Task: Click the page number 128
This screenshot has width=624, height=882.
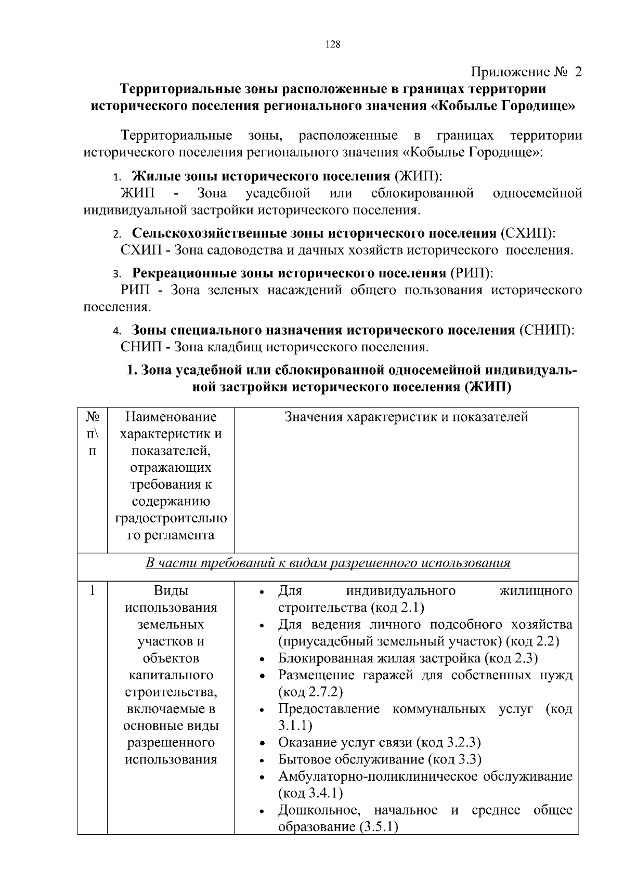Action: [x=333, y=45]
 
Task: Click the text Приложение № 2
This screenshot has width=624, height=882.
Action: [x=526, y=72]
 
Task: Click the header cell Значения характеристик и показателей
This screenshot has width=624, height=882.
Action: [x=406, y=417]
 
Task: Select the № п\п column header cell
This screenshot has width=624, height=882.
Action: [x=93, y=433]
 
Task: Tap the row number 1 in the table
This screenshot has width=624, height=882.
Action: [x=92, y=591]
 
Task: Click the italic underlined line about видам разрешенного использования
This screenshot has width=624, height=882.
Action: [x=328, y=563]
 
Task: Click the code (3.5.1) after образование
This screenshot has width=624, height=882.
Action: [x=379, y=827]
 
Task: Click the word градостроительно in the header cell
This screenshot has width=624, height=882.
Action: [x=171, y=519]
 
